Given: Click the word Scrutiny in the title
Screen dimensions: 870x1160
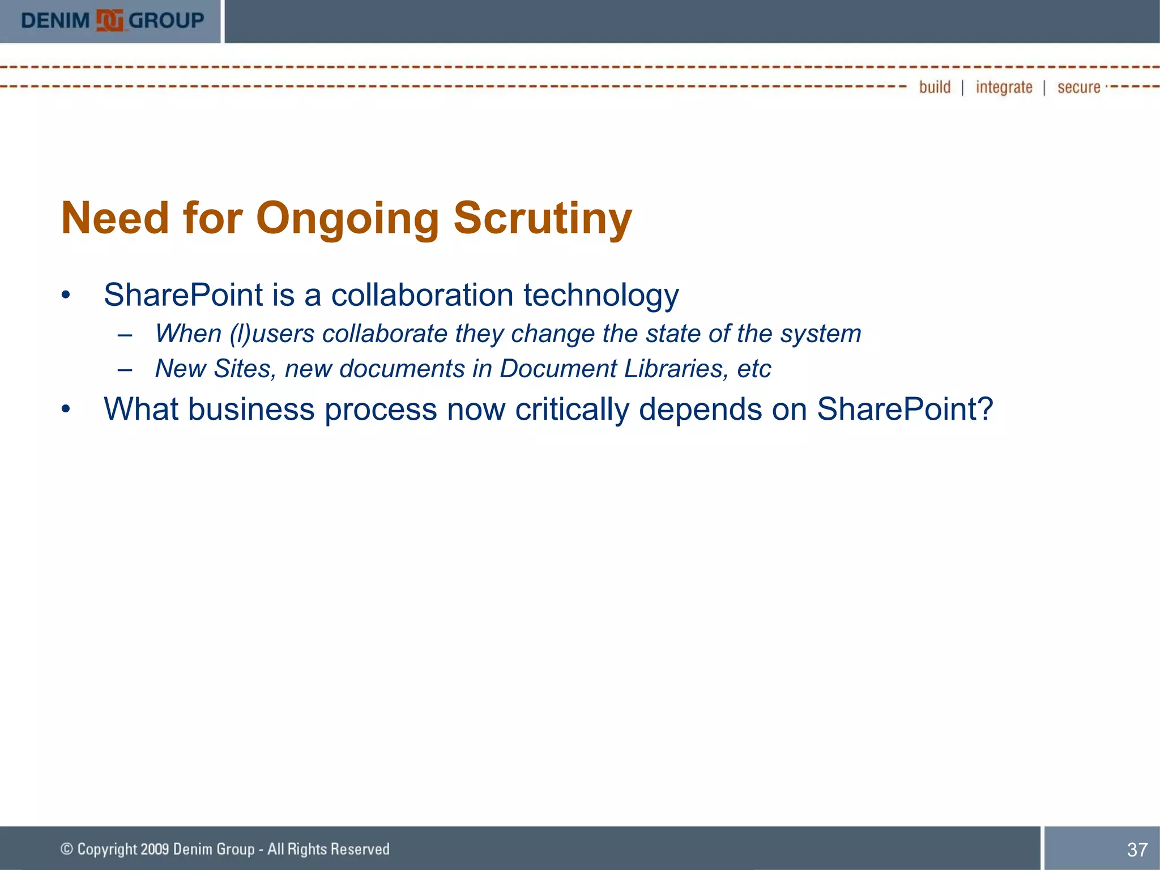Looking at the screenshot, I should point(542,219).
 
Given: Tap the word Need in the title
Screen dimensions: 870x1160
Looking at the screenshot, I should point(115,219).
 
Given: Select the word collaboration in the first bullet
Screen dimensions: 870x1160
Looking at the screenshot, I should point(422,295).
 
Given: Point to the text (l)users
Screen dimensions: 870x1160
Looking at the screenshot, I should point(272,334).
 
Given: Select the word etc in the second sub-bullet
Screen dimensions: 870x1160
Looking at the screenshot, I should point(754,369).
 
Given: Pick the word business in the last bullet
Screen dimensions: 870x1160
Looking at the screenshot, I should point(251,409).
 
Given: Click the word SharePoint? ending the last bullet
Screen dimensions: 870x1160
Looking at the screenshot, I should point(905,409).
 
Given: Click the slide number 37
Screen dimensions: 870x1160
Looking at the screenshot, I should point(1137,850).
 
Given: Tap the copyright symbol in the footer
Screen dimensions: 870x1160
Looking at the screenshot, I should point(67,848).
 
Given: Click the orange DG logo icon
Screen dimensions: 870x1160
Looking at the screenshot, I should point(109,21).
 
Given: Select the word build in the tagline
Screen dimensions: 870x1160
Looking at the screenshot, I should point(935,87).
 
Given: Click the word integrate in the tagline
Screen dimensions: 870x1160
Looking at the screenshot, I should point(1004,87).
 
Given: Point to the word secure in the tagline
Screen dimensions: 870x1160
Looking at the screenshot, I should point(1078,87).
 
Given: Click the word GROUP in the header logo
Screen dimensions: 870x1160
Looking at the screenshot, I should point(166,21).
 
